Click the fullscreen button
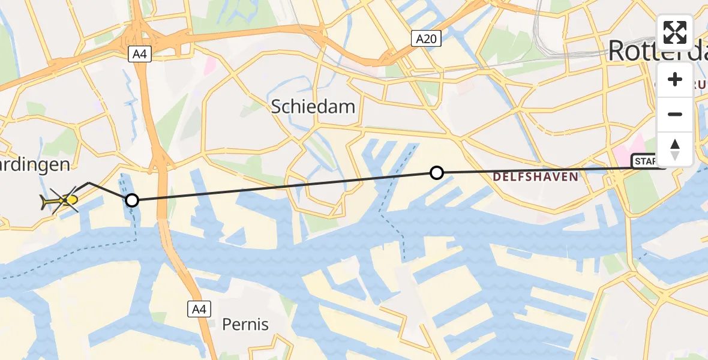[675, 33]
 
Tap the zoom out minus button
[675, 114]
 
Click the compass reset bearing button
[675, 148]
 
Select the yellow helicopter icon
[60, 200]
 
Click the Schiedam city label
[313, 107]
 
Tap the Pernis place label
[245, 325]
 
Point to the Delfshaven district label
[536, 176]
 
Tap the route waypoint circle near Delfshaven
[437, 173]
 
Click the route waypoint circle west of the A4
[131, 200]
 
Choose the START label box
[645, 161]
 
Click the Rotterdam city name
[657, 51]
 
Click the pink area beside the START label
[630, 148]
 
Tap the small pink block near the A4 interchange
[209, 64]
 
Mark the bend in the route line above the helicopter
[89, 182]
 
